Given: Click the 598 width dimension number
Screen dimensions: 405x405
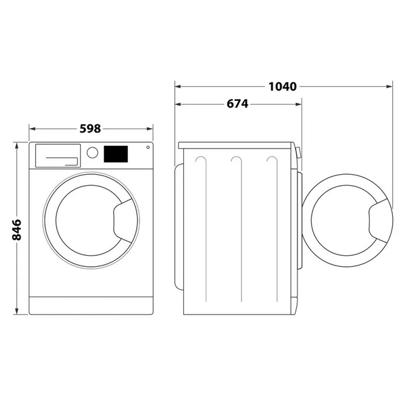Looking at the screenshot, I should [90, 129].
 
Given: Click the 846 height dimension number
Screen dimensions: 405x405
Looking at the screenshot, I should [17, 230].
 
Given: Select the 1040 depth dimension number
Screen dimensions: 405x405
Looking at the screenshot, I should [283, 85].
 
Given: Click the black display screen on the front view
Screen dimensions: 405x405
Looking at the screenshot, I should [116, 154].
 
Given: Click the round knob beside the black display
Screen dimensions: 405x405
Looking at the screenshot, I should [93, 153].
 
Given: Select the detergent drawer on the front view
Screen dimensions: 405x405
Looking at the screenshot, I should [58, 154].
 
